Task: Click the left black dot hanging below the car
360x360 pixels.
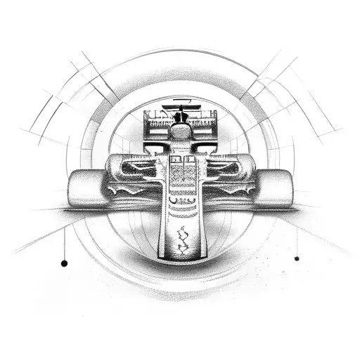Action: pyautogui.click(x=64, y=264)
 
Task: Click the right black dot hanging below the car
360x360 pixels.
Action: pyautogui.click(x=296, y=258)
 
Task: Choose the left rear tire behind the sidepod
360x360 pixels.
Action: pyautogui.click(x=117, y=166)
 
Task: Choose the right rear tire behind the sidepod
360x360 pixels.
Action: pyautogui.click(x=243, y=166)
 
